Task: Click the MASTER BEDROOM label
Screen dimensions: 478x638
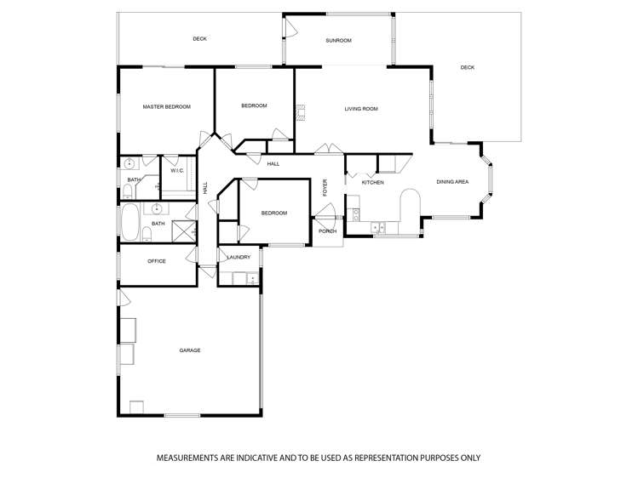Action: (x=166, y=106)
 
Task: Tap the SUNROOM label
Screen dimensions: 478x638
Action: (x=338, y=40)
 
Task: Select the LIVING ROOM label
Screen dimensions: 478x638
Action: (x=361, y=109)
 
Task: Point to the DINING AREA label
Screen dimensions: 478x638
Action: (x=452, y=181)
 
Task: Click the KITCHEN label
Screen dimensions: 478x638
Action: (x=372, y=182)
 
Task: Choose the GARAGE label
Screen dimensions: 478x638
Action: (x=189, y=350)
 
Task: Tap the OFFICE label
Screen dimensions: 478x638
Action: (x=156, y=261)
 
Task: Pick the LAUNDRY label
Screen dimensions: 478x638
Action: (x=239, y=257)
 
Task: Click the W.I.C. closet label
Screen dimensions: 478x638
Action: (x=177, y=170)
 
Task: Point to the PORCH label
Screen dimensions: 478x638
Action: (x=328, y=231)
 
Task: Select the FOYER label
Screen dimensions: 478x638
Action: (x=325, y=187)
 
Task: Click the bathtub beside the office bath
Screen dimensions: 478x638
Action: (x=129, y=223)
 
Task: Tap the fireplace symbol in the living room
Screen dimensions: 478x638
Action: (x=300, y=109)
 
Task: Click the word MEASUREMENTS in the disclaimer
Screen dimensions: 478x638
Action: (x=189, y=458)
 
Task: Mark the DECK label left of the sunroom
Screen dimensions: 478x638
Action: (x=199, y=38)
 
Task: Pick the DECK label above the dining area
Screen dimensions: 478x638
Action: (x=467, y=67)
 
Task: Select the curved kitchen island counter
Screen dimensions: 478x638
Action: (x=409, y=208)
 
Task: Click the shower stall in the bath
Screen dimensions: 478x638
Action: (x=185, y=231)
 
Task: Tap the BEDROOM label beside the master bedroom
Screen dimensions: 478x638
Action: (x=254, y=105)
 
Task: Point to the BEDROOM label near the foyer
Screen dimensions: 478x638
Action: (x=273, y=213)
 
